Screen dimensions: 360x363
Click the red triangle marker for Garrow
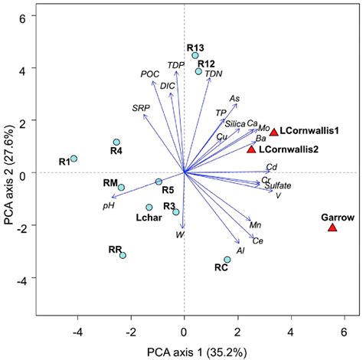[x=332, y=227]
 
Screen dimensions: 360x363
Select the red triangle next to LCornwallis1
[x=274, y=132]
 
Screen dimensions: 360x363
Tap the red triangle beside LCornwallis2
[x=251, y=149]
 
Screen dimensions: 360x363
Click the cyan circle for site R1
[x=74, y=159]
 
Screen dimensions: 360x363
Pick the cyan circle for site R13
[x=195, y=56]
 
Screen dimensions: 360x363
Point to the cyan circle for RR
[x=123, y=255]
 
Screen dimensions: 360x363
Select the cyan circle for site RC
[x=227, y=260]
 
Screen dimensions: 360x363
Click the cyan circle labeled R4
[x=116, y=142]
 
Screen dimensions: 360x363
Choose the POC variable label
[x=150, y=74]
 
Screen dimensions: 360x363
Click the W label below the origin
[x=180, y=234]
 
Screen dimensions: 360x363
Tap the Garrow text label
[x=336, y=218]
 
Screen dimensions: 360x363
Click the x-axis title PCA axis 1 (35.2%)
[x=184, y=351]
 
